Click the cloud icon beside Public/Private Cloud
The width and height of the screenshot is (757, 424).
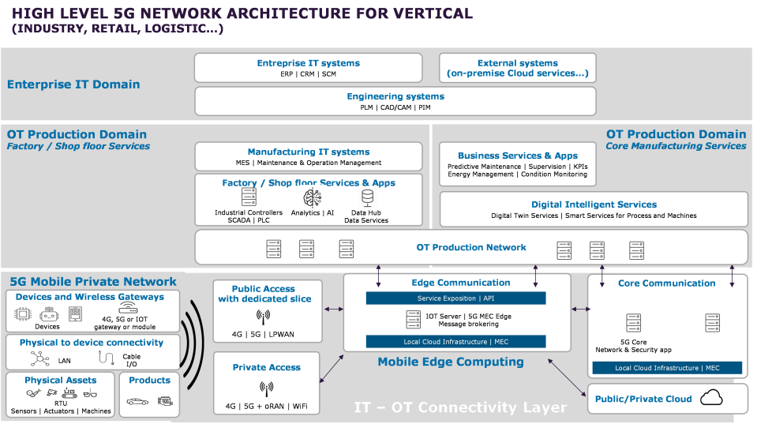711,397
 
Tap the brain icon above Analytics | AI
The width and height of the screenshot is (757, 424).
313,198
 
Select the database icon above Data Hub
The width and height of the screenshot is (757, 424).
367,197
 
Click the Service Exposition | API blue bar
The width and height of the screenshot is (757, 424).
455,298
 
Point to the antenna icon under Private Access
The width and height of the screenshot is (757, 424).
267,388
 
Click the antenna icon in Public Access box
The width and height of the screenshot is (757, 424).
263,317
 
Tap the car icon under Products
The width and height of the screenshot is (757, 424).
137,401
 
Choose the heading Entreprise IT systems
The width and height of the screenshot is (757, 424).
308,63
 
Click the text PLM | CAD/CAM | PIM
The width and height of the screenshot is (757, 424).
395,107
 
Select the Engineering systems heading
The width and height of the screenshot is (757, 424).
395,96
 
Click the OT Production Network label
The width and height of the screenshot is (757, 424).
471,247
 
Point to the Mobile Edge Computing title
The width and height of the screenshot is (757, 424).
451,362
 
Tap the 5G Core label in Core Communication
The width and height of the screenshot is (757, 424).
633,342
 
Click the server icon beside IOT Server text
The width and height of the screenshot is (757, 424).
414,320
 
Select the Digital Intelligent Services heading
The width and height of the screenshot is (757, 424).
594,204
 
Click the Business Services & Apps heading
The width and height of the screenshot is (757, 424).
518,156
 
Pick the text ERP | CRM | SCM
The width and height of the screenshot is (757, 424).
308,74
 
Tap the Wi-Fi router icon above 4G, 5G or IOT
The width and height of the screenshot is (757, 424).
128,308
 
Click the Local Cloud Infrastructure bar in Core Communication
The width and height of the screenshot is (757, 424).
667,368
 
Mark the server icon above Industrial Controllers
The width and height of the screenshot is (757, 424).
249,197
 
